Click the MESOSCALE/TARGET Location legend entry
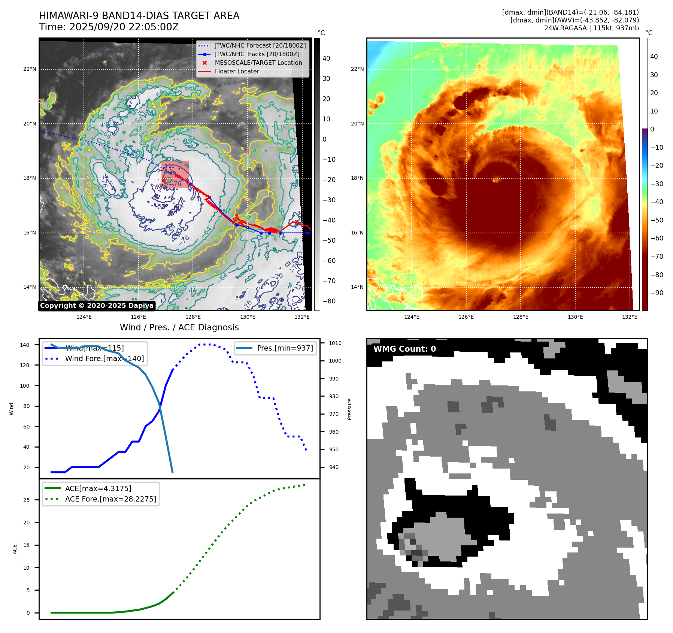258,63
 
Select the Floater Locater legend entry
237,72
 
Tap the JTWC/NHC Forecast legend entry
260,46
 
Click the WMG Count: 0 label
404,349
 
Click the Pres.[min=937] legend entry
285,348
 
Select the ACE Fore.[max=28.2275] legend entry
110,499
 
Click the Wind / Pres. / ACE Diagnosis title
179,327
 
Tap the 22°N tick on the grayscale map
30,69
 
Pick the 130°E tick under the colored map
575,317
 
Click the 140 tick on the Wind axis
25,345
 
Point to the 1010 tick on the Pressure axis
335,343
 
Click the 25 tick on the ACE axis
27,500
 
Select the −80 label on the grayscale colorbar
329,301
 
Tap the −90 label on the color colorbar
657,293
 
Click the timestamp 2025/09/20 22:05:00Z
124,27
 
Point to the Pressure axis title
350,409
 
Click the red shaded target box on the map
175,175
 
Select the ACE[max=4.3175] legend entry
98,489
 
